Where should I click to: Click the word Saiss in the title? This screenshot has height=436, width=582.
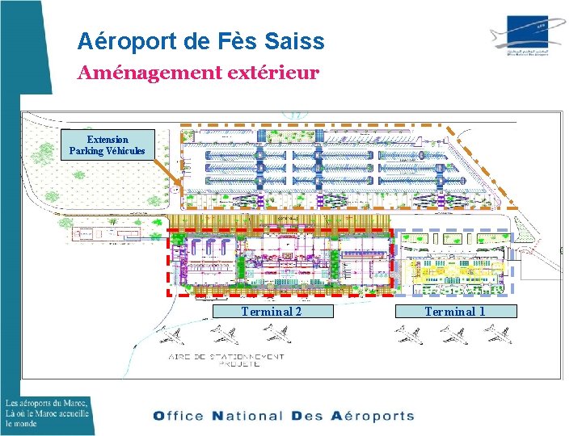tap(298, 40)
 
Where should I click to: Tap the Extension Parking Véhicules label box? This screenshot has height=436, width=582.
tap(108, 145)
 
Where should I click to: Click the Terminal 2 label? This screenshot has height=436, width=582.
tap(272, 312)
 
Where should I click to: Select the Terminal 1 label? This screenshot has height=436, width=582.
tap(455, 312)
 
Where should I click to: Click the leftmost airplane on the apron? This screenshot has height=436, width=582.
tap(169, 334)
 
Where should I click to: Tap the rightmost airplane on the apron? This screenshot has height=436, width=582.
tap(498, 333)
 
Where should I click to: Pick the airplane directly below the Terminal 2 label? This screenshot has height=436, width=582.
tap(276, 333)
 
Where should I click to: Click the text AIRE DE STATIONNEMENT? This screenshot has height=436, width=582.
tap(226, 356)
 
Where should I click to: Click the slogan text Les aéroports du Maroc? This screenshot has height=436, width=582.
tap(46, 403)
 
